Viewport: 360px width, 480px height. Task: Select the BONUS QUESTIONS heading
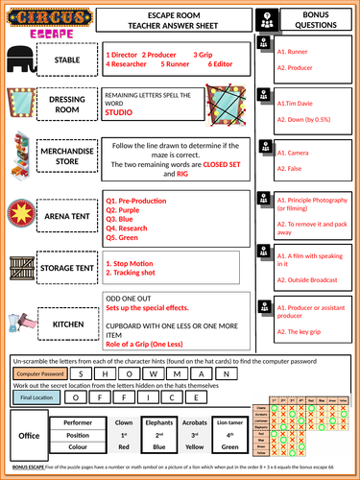(315, 21)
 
